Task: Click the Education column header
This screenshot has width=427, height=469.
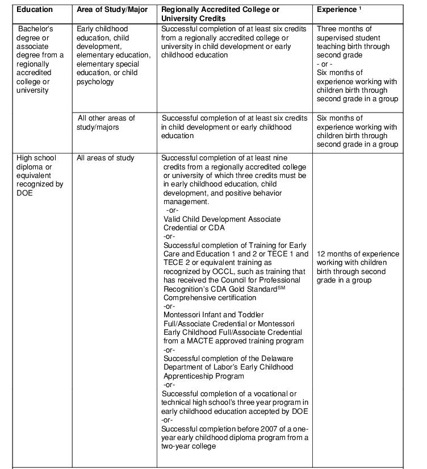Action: click(x=35, y=10)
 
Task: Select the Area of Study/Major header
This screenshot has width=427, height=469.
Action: click(x=112, y=10)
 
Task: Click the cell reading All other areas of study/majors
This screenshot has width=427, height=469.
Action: click(x=106, y=122)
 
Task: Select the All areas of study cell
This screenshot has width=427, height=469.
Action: click(x=106, y=157)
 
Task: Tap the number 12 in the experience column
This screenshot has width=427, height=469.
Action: click(x=321, y=254)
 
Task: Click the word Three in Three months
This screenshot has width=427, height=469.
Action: click(x=327, y=28)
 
